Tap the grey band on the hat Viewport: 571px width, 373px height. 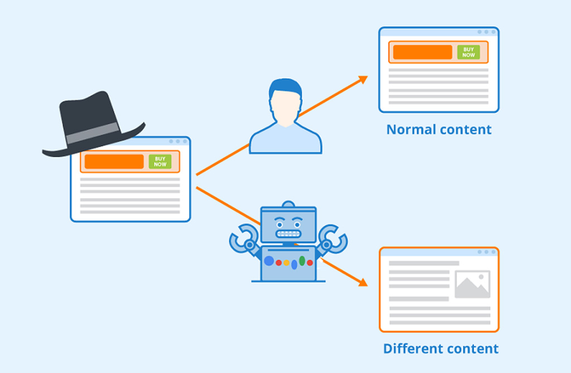pos(93,133)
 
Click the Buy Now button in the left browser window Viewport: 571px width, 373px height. pos(160,161)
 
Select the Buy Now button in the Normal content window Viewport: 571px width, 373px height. pos(468,52)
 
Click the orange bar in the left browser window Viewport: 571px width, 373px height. pos(114,161)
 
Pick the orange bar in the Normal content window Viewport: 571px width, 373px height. pos(423,52)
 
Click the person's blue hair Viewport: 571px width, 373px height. pos(285,88)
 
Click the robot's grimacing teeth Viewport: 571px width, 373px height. pos(288,234)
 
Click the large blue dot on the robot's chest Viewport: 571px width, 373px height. pos(269,261)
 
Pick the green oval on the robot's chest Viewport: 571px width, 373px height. pos(302,261)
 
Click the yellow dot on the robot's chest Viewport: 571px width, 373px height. pos(287,263)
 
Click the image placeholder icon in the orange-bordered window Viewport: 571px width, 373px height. pos(472,284)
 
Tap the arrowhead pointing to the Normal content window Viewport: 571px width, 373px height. pos(362,80)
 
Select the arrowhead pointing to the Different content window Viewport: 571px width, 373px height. pos(362,282)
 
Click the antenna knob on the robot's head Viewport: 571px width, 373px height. pos(288,204)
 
